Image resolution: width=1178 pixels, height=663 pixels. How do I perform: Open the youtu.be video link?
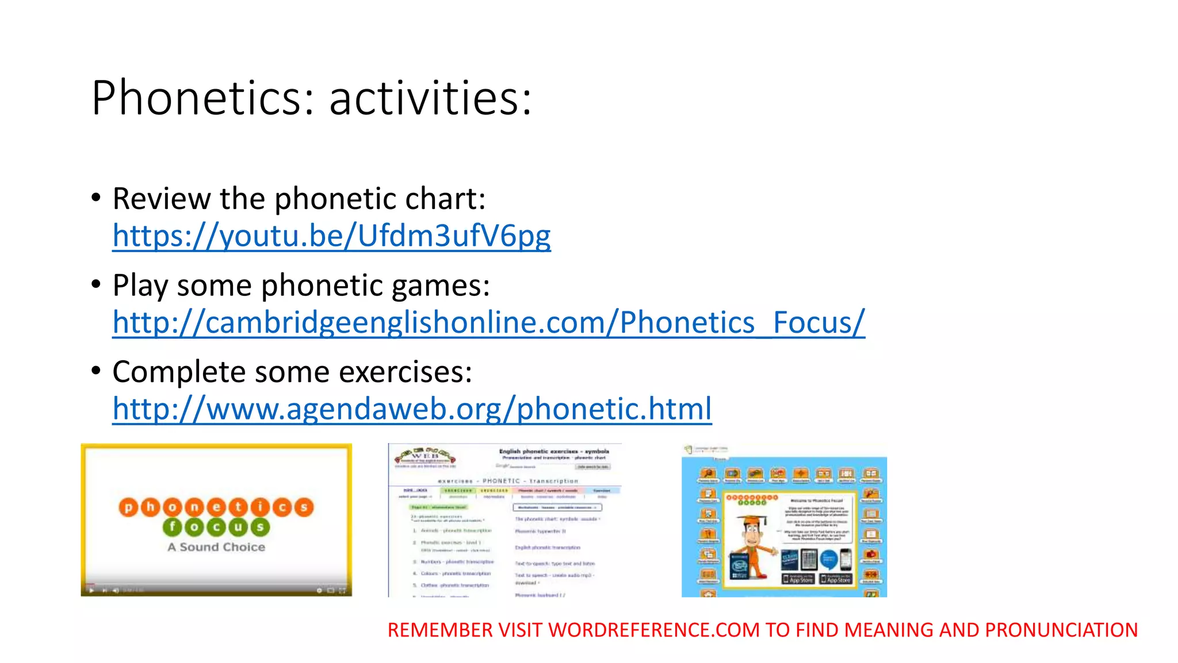[x=331, y=236]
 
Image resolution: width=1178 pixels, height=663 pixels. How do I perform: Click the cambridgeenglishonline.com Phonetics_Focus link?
[x=488, y=322]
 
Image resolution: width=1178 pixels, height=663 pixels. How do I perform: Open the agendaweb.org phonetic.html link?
[x=412, y=409]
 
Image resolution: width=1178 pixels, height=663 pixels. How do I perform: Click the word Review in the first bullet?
[x=162, y=199]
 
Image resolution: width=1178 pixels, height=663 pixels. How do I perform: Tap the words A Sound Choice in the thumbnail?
[x=216, y=547]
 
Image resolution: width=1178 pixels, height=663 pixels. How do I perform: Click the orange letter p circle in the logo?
[x=128, y=507]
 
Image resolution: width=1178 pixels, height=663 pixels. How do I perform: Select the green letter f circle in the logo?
[x=172, y=527]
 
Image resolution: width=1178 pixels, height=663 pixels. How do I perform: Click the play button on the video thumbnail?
[x=91, y=590]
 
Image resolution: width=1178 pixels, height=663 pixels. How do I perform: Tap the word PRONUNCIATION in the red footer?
[x=1061, y=630]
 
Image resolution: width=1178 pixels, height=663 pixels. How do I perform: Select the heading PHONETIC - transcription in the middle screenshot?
[x=508, y=481]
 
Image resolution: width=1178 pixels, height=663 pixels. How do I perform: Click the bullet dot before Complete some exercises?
[x=96, y=370]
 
